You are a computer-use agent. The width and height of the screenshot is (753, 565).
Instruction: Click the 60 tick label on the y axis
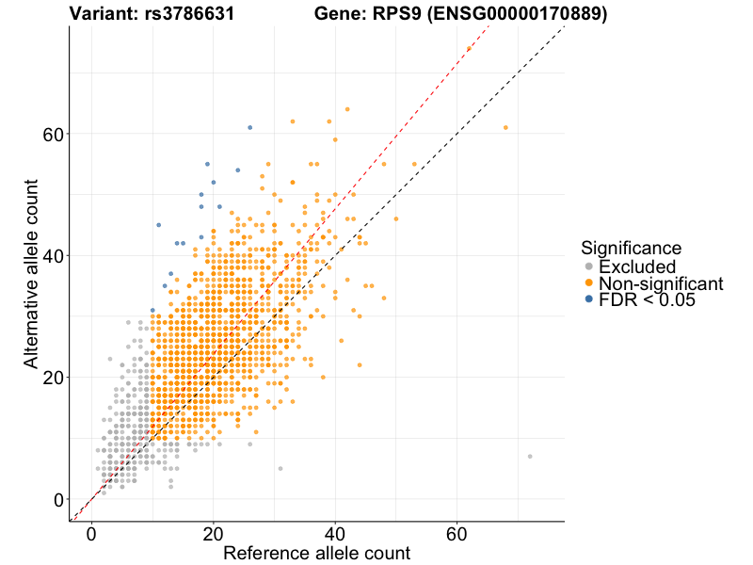click(54, 134)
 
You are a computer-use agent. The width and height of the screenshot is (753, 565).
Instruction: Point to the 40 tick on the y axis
click(54, 255)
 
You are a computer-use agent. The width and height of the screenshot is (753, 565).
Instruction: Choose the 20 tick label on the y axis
click(54, 378)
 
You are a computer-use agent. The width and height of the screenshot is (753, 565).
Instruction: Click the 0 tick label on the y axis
click(59, 500)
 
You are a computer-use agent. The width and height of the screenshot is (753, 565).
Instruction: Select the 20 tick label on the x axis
click(213, 533)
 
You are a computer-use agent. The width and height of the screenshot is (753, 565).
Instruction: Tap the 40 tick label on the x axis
click(335, 533)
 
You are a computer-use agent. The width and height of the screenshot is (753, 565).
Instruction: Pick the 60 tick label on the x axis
click(457, 533)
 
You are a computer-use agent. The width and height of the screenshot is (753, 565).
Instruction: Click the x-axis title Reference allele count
click(316, 553)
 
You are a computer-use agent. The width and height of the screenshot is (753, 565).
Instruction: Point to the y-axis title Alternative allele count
click(31, 273)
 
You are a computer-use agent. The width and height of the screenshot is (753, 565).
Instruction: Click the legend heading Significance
click(631, 249)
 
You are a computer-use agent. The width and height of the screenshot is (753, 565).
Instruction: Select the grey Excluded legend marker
click(589, 267)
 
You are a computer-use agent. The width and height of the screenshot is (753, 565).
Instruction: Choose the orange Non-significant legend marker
click(589, 283)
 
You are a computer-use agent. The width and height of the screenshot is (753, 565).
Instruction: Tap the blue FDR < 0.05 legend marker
click(589, 299)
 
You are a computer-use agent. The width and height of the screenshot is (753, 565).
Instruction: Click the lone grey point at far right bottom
click(530, 457)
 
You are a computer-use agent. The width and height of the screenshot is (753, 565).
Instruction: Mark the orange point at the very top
click(469, 48)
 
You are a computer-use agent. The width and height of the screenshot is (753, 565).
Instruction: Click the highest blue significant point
click(249, 127)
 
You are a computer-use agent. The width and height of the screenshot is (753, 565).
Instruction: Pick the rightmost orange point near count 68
click(505, 127)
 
